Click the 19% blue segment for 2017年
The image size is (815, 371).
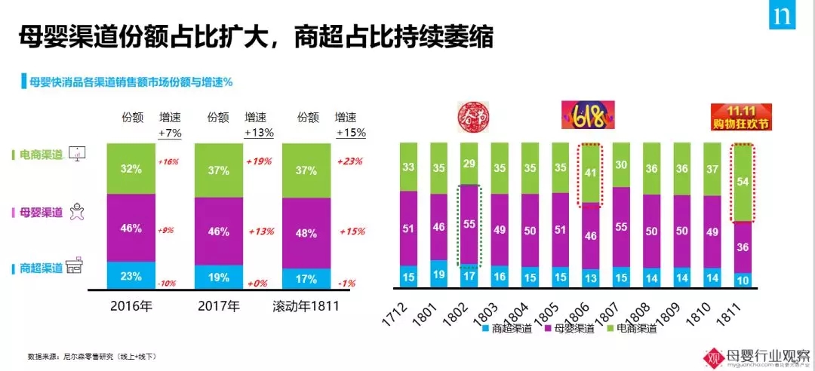[219, 276]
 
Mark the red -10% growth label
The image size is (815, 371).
[168, 283]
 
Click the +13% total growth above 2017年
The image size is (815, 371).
[259, 133]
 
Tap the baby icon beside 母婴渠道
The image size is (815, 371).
[77, 213]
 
